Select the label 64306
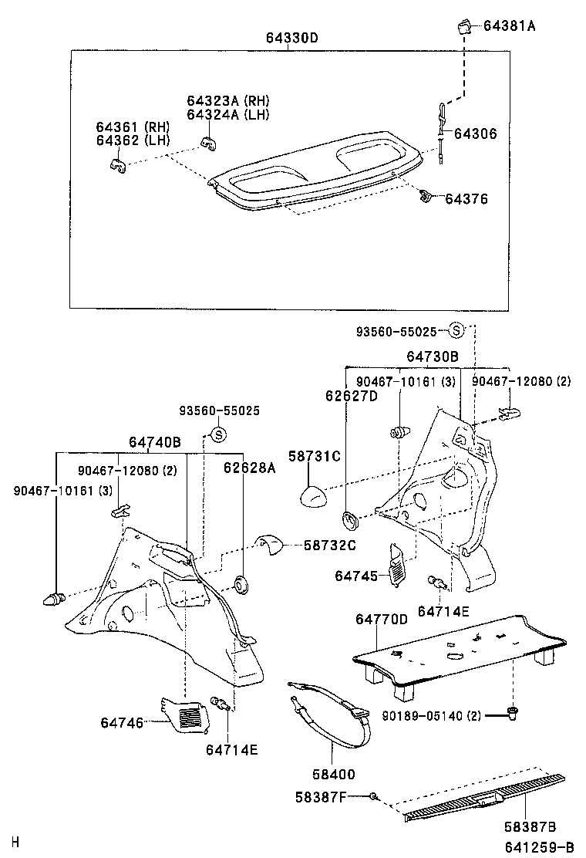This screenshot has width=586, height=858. point(475,133)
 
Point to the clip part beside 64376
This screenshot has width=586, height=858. point(426,197)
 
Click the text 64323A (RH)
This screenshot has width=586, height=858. point(228,101)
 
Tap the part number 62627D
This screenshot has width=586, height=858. point(351,396)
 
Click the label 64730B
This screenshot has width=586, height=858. point(433,356)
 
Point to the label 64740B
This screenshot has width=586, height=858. point(154,442)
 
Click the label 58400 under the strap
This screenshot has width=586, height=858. point(330,774)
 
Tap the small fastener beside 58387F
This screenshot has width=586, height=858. point(374,796)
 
